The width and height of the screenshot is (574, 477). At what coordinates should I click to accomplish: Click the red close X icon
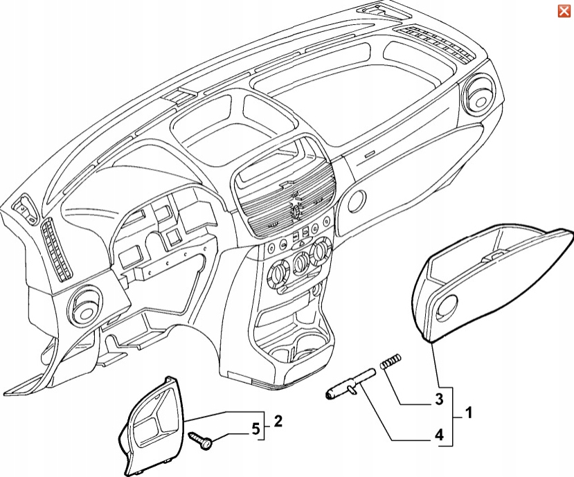(564, 10)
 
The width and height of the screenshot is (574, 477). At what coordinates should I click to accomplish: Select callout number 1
(469, 414)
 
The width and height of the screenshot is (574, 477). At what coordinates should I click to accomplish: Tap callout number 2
(277, 421)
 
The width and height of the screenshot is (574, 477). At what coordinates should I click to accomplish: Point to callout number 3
(438, 399)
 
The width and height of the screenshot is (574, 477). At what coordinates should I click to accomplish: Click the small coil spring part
(391, 362)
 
